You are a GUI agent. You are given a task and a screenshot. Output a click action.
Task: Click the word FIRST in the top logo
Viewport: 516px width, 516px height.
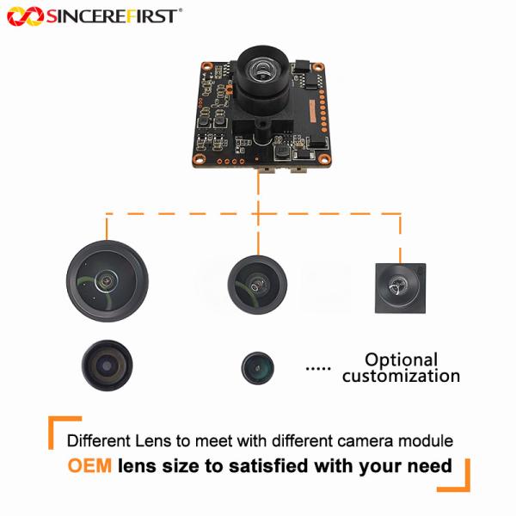pyautogui.click(x=153, y=15)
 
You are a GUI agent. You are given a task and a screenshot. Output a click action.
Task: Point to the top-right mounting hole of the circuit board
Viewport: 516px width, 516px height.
pyautogui.click(x=317, y=67)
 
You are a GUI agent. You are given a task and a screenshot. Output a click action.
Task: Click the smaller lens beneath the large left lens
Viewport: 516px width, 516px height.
pyautogui.click(x=107, y=363)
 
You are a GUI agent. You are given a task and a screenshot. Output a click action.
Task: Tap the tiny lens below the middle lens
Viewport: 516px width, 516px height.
pyautogui.click(x=258, y=366)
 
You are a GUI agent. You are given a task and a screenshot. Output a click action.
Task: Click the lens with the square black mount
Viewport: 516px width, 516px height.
pyautogui.click(x=400, y=287)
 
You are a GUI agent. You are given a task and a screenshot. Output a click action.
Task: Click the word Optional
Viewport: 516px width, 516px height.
pyautogui.click(x=401, y=359)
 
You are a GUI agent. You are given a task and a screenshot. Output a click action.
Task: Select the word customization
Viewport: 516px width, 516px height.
pyautogui.click(x=401, y=376)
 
